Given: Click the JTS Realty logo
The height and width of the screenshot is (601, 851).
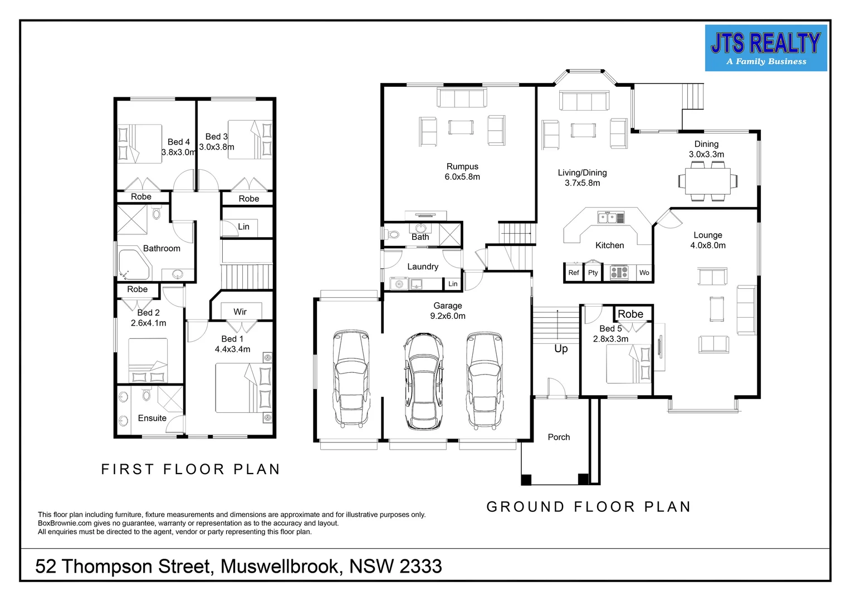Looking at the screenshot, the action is pos(766,48).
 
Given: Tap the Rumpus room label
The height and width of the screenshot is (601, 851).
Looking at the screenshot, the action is pos(462,167).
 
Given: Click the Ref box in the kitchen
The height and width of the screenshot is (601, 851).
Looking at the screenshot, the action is pos(573,273).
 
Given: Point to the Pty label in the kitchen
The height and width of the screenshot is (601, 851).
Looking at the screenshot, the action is pos(593,273).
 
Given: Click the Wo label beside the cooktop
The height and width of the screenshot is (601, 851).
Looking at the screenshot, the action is pos(644,273).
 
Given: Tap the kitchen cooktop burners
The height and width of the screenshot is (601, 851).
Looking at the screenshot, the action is pos(619,273).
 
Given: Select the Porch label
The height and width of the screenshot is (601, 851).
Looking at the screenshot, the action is pos(559,437).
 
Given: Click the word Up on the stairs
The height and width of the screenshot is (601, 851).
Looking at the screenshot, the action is pos(561,348).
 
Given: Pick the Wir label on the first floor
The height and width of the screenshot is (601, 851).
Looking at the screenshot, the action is pos(239,312).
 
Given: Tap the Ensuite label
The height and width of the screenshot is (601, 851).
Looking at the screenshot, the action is pos(152,418).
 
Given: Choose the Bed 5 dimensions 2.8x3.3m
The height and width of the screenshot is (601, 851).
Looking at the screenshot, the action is pos(610,339).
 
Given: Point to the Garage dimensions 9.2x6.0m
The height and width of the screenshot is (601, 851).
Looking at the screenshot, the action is pos(448,316).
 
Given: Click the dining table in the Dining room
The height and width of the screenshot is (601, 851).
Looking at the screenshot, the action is pos(707,181).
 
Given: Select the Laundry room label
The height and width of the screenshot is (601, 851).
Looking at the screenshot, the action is pos(423,267).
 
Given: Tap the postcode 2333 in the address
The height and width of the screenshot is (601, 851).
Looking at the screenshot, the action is pos(420,566).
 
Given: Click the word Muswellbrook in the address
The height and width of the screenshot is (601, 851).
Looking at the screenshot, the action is pos(279,566).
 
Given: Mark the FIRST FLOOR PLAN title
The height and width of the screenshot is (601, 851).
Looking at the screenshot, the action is pos(190,469).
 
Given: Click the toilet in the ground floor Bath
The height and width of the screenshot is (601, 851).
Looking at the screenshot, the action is pos(393,234).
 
